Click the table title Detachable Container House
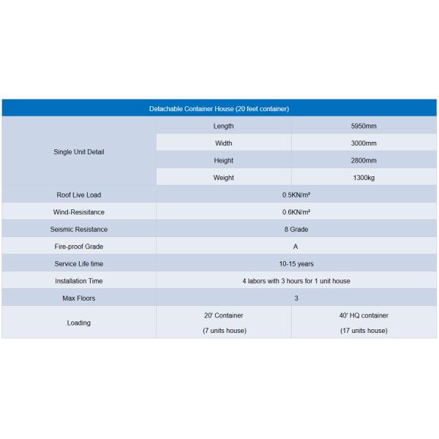(219, 108)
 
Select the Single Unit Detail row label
(79, 152)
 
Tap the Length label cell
(223, 126)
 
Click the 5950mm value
(364, 126)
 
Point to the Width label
(223, 143)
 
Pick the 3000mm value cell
(364, 143)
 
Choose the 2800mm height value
(364, 160)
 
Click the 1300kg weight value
(364, 178)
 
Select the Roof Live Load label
(79, 195)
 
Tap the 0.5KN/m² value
(296, 195)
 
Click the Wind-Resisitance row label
(79, 212)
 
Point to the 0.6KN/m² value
(296, 212)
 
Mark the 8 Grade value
(296, 229)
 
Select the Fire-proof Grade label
(79, 247)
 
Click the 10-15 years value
(296, 263)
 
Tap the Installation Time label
(79, 281)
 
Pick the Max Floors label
(79, 299)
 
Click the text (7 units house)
(224, 331)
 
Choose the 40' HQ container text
(364, 315)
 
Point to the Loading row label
(79, 323)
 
